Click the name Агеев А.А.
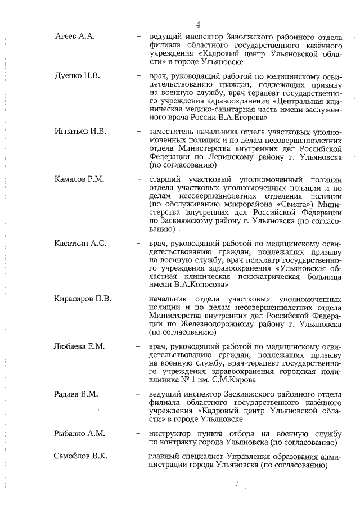pyautogui.click(x=74, y=37)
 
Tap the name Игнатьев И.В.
pyautogui.click(x=80, y=132)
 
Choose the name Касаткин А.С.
pyautogui.click(x=80, y=243)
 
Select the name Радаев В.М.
pyautogui.click(x=76, y=394)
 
